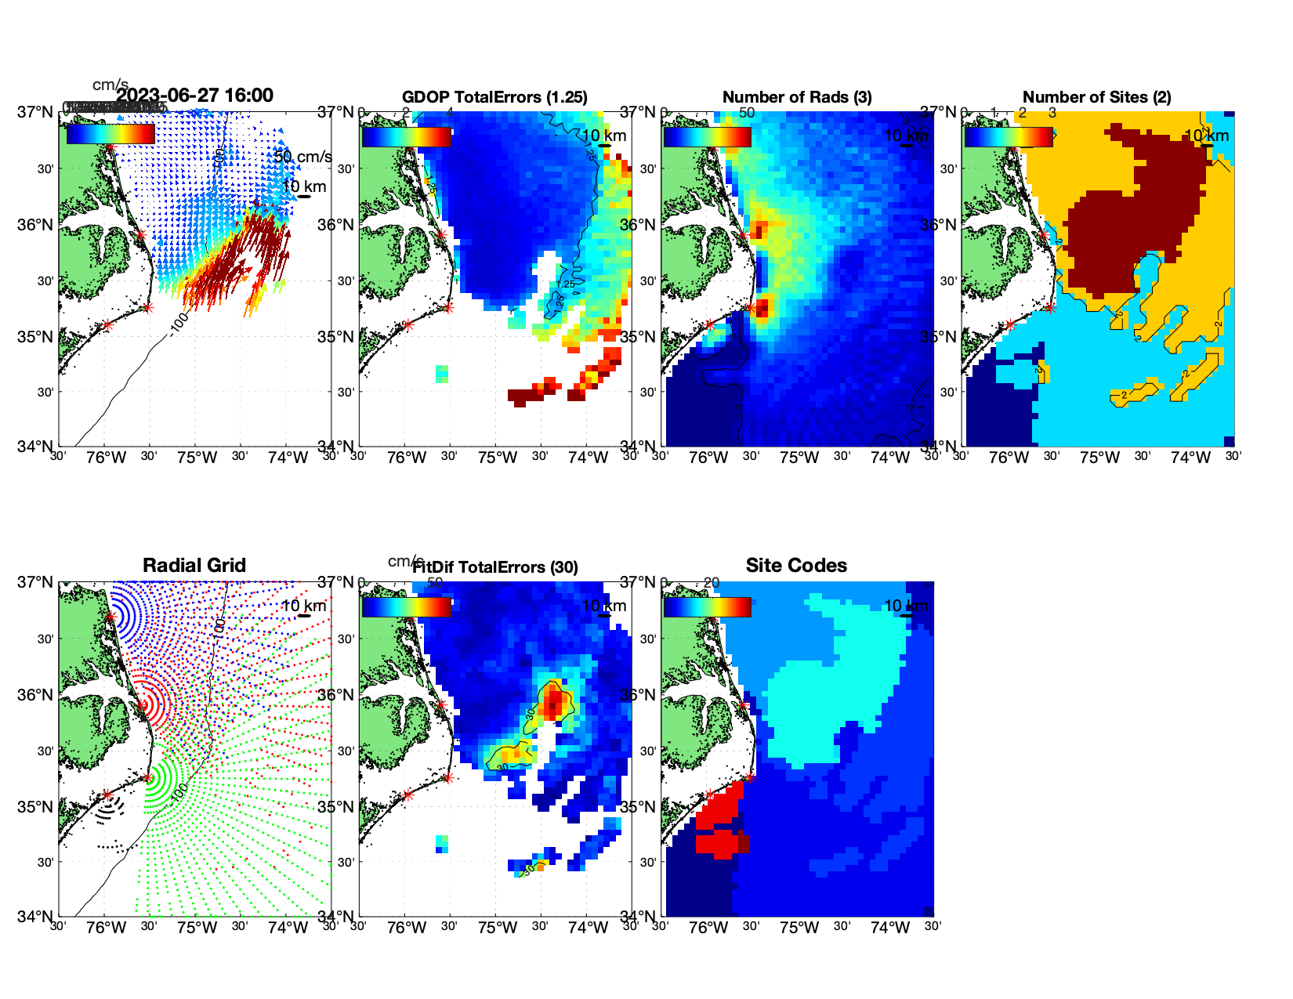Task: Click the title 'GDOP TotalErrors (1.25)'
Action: pyautogui.click(x=494, y=97)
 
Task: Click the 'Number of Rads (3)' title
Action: pyautogui.click(x=797, y=97)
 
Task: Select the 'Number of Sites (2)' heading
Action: pyautogui.click(x=1097, y=97)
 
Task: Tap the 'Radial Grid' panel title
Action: pyautogui.click(x=194, y=566)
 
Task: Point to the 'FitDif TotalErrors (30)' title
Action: pyautogui.click(x=495, y=567)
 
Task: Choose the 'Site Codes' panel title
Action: pyautogui.click(x=796, y=566)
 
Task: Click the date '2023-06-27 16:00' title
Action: pyautogui.click(x=194, y=96)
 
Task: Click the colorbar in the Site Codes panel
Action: pyautogui.click(x=708, y=607)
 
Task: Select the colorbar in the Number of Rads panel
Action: pyautogui.click(x=708, y=136)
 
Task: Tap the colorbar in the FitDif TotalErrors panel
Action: pyautogui.click(x=407, y=607)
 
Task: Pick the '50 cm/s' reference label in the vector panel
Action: pyautogui.click(x=302, y=157)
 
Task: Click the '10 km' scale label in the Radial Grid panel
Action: pyautogui.click(x=303, y=606)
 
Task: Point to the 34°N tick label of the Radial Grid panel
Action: pyautogui.click(x=35, y=916)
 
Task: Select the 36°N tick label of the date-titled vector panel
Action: pyautogui.click(x=35, y=225)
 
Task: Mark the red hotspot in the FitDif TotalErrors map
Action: pyautogui.click(x=554, y=699)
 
